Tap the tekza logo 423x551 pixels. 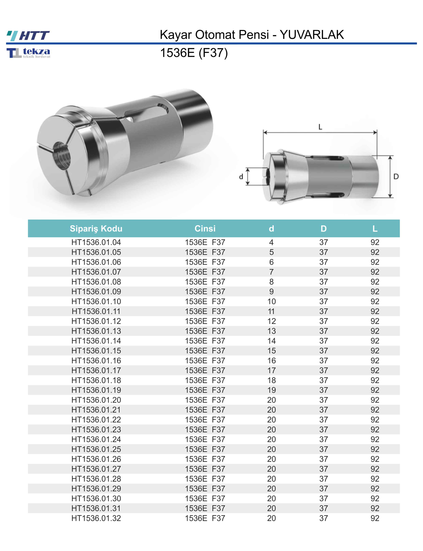coord(28,53)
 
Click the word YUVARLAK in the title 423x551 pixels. coord(312,35)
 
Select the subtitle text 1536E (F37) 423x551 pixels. coord(194,53)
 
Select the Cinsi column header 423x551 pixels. coord(205,228)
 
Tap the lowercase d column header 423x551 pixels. coord(271,228)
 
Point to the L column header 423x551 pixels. coord(375,228)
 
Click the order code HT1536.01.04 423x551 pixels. coord(96,242)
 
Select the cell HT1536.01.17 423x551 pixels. coord(96,370)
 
